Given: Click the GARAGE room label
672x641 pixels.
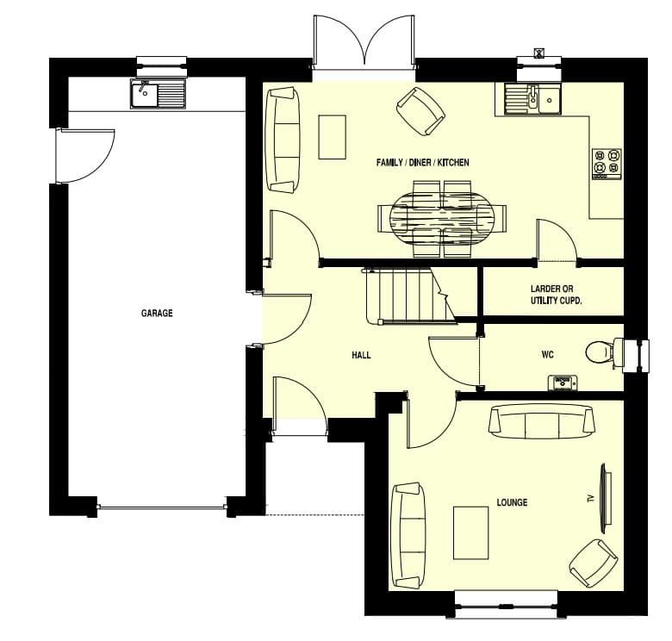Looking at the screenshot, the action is (157, 314).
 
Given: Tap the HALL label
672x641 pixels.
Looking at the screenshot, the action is (361, 355).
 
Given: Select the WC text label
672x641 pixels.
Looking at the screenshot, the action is (547, 354).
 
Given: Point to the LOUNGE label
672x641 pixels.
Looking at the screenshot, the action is (512, 502).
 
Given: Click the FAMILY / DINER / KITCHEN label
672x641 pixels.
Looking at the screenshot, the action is (422, 162).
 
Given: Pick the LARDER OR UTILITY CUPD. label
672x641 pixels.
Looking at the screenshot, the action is (556, 295).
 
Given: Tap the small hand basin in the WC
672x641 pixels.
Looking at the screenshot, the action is (563, 383).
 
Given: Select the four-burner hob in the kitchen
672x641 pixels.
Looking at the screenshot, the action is (607, 164).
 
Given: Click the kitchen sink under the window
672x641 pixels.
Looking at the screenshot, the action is (532, 99).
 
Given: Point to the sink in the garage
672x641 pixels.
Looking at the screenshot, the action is (159, 93).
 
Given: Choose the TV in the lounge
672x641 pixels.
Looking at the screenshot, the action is (605, 498).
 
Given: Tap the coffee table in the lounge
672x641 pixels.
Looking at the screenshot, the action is (471, 533).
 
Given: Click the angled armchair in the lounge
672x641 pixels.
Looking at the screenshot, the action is (593, 563).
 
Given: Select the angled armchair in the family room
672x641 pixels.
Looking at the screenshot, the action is (420, 111).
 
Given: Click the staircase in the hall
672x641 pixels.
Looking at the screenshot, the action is (408, 296).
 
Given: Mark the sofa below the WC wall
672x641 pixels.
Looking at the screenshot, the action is (542, 423).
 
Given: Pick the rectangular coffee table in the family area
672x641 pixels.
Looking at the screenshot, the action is (333, 137).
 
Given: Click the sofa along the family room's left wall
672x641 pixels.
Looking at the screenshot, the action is (283, 140).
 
